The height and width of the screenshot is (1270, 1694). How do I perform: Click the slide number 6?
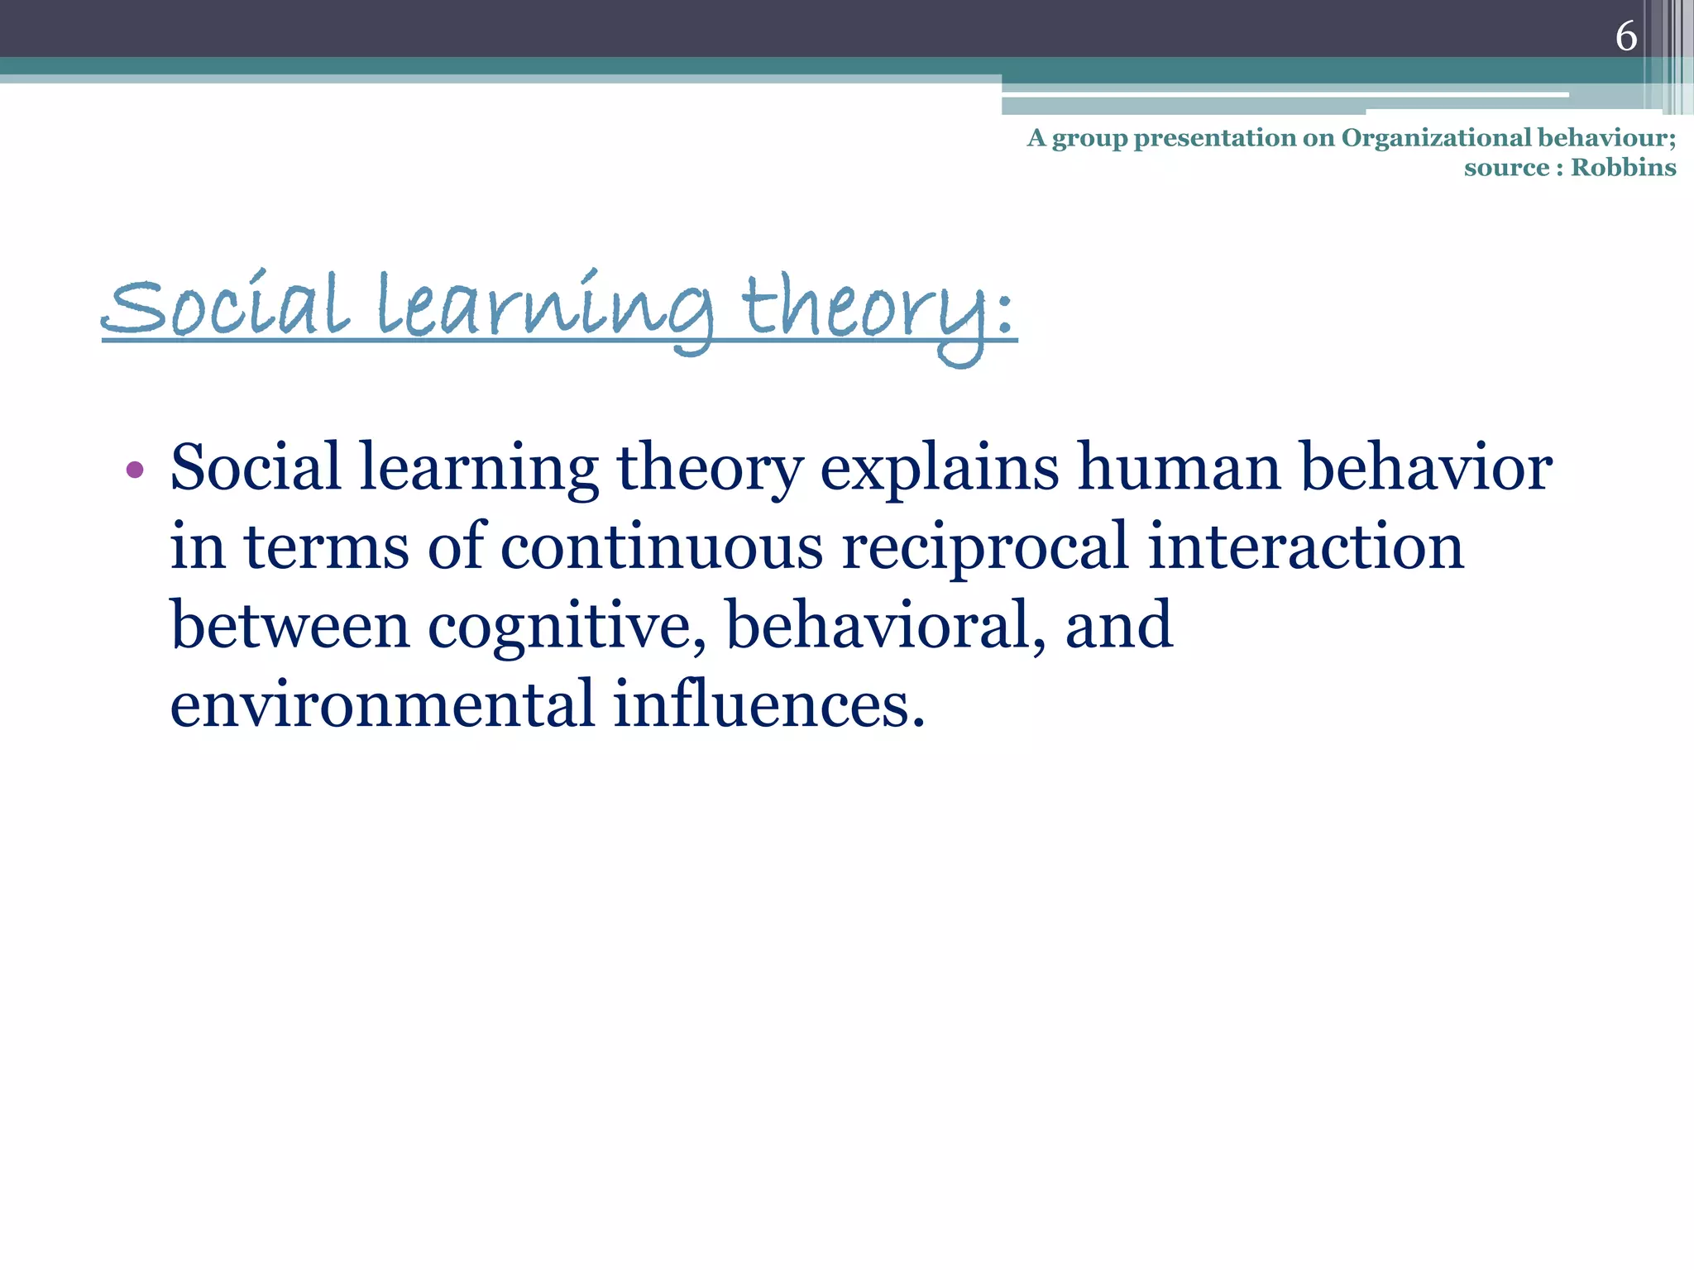pos(1625,37)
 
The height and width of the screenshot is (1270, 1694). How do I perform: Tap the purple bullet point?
pos(135,471)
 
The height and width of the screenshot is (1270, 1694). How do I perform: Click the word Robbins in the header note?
pos(1623,168)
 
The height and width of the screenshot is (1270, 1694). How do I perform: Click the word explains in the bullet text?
pos(939,470)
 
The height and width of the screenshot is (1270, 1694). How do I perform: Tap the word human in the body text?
pos(1180,468)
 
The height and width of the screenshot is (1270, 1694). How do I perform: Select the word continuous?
pos(662,547)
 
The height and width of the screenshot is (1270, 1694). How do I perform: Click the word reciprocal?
pos(984,549)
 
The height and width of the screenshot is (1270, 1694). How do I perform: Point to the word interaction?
pos(1306,547)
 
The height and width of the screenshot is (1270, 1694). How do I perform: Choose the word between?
pos(290,626)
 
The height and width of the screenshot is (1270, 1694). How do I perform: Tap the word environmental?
pos(382,705)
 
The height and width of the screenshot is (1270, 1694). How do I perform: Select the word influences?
pos(768,705)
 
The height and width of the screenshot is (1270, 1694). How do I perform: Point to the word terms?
pos(326,549)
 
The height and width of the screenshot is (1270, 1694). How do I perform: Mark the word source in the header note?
pos(1506,168)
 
